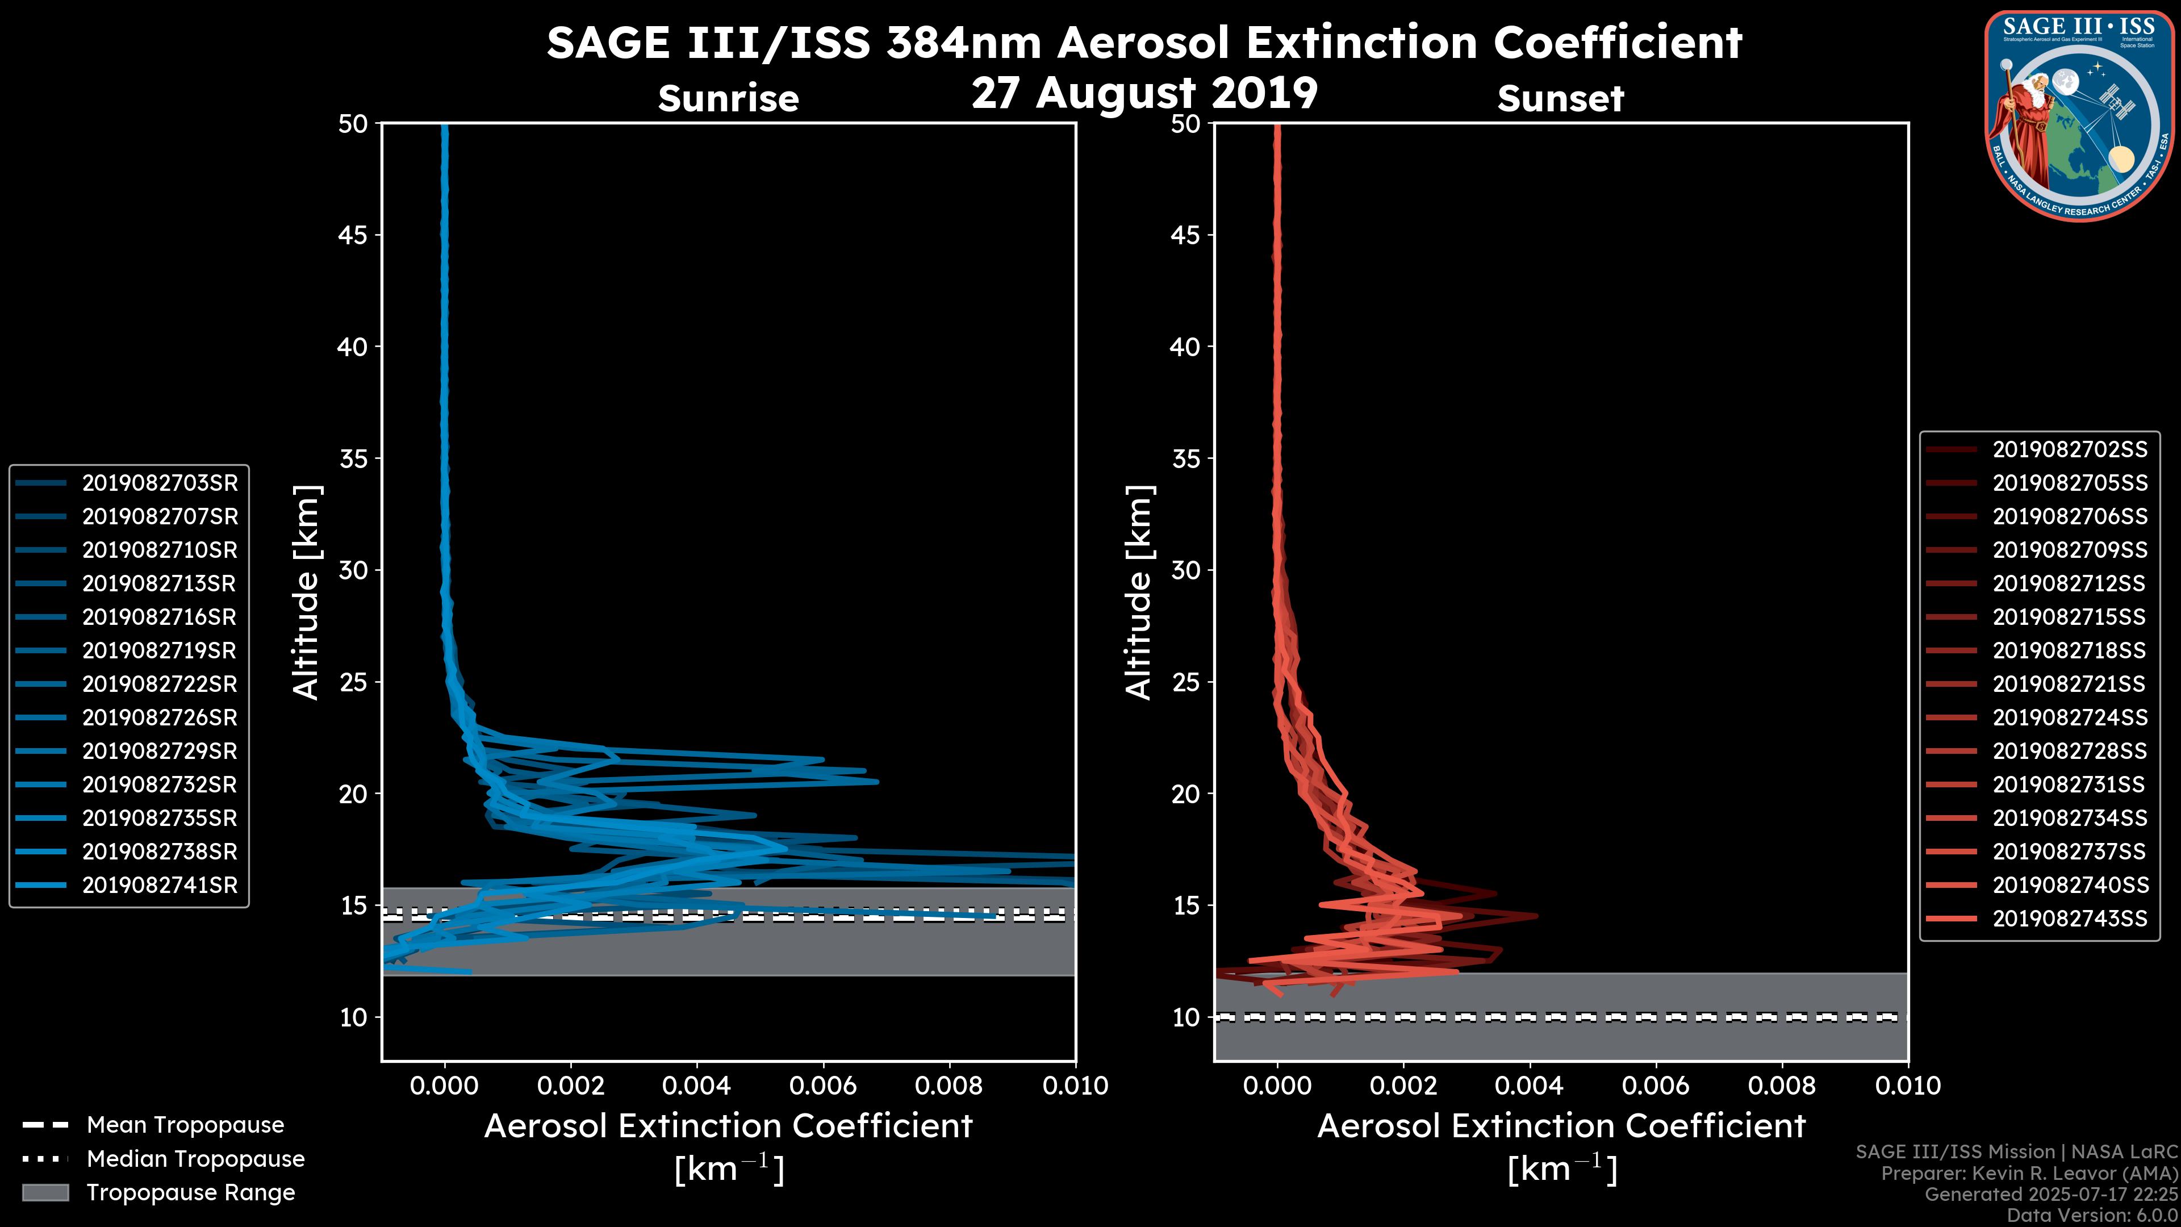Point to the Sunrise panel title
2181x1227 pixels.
pos(728,99)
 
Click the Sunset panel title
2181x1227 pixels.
pos(1560,99)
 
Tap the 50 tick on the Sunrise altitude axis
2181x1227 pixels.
pos(354,124)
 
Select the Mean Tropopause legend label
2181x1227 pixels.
pos(185,1125)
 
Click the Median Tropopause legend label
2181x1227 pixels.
pos(195,1158)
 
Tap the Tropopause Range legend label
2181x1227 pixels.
pos(190,1192)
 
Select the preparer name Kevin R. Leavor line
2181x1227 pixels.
pos(2029,1173)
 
